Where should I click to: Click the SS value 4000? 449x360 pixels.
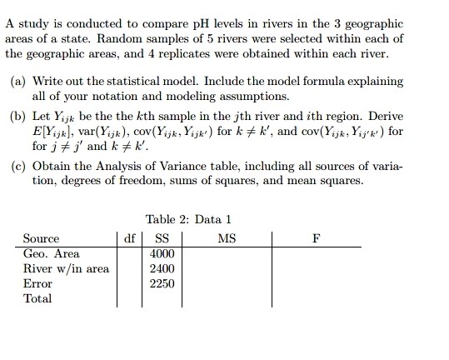162,253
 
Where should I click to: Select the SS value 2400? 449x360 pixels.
162,268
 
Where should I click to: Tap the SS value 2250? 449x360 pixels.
162,283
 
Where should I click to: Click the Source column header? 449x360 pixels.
42,239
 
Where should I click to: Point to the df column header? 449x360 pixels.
129,239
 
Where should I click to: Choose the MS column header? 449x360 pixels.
226,239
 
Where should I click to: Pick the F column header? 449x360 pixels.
315,239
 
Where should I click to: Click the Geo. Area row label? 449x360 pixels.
52,253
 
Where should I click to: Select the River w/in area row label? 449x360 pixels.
66,268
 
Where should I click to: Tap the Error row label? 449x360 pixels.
37,283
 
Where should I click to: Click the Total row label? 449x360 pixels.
37,297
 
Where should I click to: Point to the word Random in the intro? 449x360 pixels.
101,38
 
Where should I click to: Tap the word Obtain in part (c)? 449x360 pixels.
59,167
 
